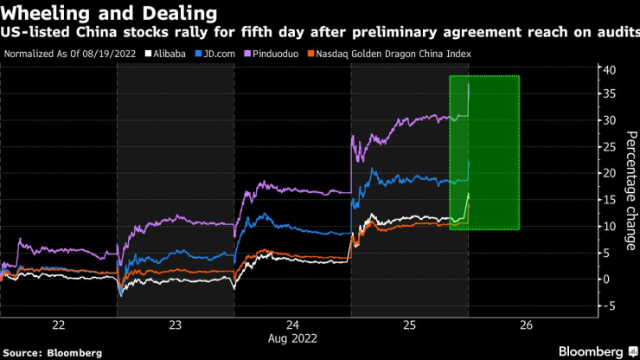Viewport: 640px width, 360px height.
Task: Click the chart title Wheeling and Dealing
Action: coord(108,13)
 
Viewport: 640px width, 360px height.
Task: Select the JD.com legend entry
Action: coord(222,54)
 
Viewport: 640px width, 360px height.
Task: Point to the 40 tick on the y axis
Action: coord(609,69)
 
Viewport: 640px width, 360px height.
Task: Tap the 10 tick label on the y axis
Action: coord(609,226)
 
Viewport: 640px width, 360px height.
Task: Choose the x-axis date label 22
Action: coord(59,325)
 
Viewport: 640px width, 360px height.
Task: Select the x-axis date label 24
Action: coord(292,325)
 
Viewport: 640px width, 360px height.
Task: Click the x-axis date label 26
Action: coord(526,325)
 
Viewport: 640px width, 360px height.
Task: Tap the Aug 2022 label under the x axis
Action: coord(292,338)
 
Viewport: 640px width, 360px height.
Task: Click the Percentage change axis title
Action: coord(630,191)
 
